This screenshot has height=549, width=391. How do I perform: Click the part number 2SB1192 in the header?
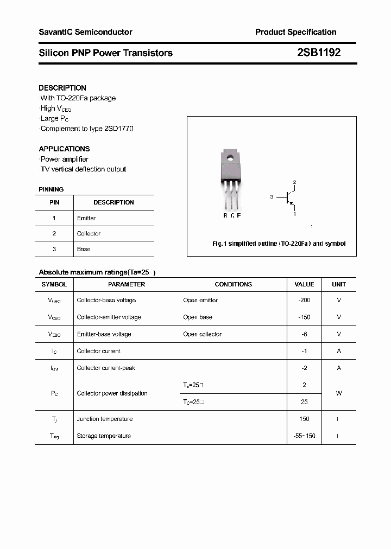click(x=319, y=53)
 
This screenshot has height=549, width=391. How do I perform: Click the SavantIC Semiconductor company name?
click(x=85, y=32)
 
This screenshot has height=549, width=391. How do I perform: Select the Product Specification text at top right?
click(x=295, y=32)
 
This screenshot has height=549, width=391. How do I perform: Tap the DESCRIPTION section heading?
click(x=62, y=88)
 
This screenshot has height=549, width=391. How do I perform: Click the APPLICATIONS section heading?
click(x=64, y=149)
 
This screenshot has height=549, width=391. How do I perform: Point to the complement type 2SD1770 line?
click(x=87, y=129)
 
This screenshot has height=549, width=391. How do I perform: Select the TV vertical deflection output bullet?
click(x=83, y=169)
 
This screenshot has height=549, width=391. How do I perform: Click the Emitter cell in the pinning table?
click(x=86, y=218)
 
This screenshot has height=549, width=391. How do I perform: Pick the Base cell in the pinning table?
click(x=84, y=249)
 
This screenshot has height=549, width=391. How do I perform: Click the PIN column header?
click(x=54, y=202)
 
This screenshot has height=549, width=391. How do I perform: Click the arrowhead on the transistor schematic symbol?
click(x=292, y=205)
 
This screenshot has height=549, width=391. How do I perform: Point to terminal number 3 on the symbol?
click(x=271, y=197)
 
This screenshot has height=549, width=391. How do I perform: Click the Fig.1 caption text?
click(x=279, y=244)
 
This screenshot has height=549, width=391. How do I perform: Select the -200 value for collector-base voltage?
click(x=304, y=300)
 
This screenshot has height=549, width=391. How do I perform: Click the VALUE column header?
click(x=304, y=284)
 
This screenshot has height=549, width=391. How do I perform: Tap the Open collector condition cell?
click(x=202, y=334)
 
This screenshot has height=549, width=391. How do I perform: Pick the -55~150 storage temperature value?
click(x=304, y=436)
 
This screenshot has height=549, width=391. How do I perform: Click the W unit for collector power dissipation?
click(x=339, y=393)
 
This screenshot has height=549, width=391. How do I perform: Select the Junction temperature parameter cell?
click(x=104, y=419)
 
